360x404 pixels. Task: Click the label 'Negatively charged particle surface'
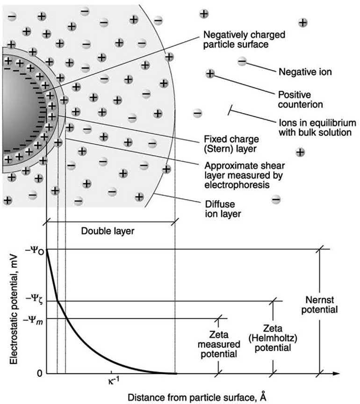tap(244, 41)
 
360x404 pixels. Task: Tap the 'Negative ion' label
tap(305, 72)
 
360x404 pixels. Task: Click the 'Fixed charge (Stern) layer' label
tap(227, 144)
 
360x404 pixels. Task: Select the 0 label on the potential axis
tap(39, 373)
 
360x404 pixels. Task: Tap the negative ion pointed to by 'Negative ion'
tap(242, 61)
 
